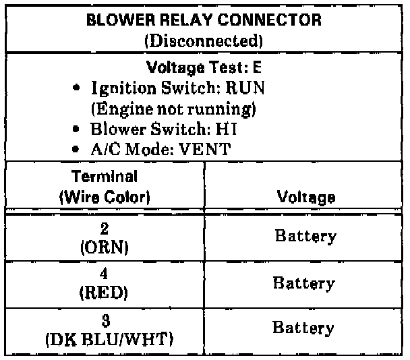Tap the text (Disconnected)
click(204, 40)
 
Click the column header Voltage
click(306, 198)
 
